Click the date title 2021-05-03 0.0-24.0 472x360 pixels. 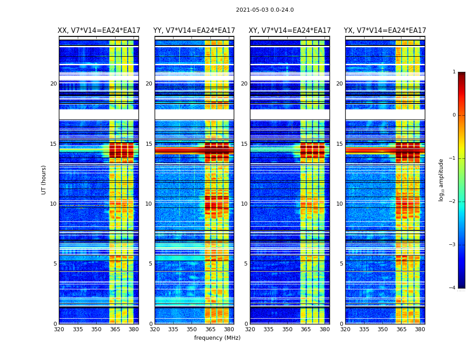pos(265,10)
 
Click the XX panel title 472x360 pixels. pos(98,31)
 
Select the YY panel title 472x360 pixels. pos(194,31)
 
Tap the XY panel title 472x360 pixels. pos(289,31)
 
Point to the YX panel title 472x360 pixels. pos(385,31)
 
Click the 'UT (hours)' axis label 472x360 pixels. pos(44,180)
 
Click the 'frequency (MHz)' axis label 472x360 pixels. pos(217,338)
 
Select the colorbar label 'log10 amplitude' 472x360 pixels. pos(441,180)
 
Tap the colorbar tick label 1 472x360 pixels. pos(454,72)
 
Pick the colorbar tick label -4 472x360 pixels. pos(453,288)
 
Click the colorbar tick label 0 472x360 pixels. pos(454,115)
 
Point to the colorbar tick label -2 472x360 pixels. pos(453,202)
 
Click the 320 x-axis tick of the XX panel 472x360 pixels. pos(59,329)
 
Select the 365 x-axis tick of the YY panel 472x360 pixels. pos(210,329)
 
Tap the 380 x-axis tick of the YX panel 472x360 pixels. pos(420,329)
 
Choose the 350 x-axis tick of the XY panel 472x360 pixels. pos(287,329)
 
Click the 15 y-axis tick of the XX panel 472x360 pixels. pos(54,144)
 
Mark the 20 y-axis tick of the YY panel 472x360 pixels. pos(149,84)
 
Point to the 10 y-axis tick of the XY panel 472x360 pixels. pos(245,204)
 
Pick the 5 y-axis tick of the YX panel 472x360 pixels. pos(342,264)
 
